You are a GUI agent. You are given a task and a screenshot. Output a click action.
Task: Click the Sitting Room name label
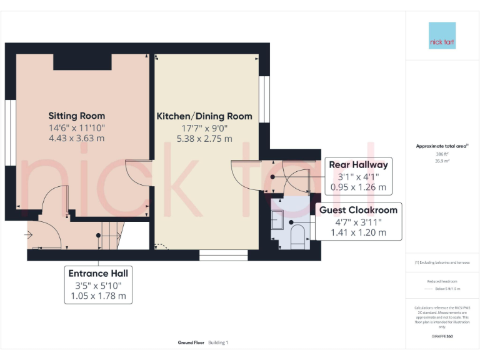77,116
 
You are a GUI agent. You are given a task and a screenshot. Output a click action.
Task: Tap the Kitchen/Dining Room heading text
204,116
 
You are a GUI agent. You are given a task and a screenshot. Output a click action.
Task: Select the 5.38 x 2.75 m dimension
204,139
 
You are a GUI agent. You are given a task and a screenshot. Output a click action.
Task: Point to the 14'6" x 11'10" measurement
77,127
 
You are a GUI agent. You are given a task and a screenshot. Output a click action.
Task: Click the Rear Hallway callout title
358,165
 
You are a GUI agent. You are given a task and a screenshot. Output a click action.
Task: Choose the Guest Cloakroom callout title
358,210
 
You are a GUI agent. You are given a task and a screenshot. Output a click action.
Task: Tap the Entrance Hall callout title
97,274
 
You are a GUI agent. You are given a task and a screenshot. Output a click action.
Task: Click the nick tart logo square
442,36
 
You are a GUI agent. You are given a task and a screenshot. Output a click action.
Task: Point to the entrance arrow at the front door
29,235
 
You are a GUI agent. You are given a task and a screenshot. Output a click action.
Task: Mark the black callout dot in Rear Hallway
273,177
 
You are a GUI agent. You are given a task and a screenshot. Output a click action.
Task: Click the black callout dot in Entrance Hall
98,236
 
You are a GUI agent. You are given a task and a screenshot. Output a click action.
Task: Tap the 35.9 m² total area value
442,161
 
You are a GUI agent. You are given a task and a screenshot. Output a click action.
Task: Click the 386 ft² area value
442,154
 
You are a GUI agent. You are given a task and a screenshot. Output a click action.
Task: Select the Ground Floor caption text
191,342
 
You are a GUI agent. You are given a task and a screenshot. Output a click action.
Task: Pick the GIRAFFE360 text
442,337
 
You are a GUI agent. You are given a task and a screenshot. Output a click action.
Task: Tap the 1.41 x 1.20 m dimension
358,232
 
